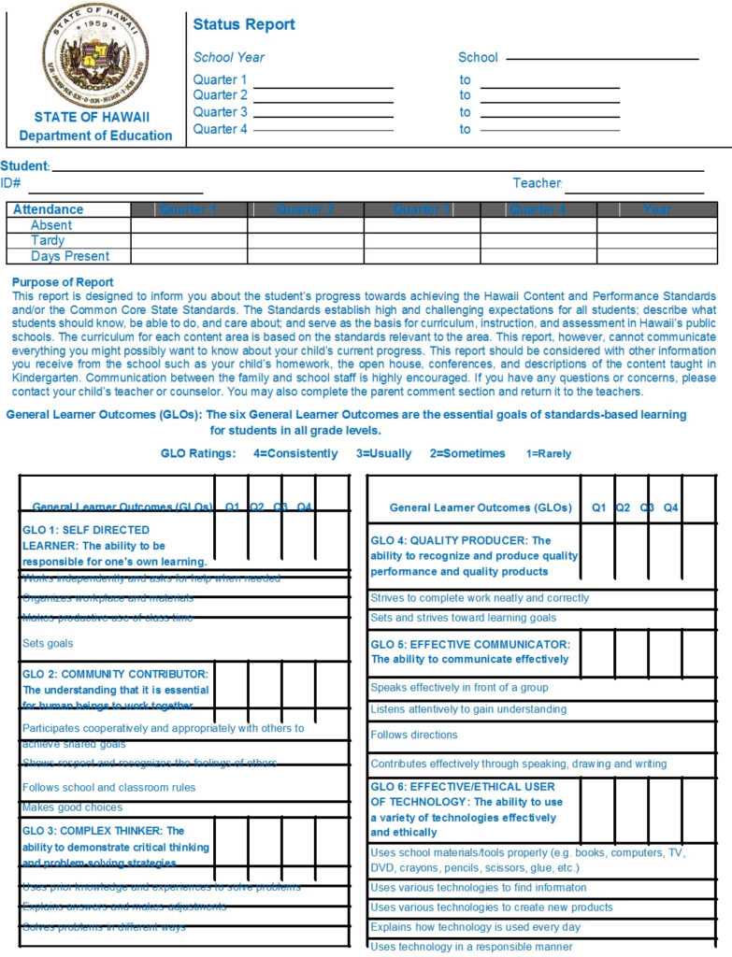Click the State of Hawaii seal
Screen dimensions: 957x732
coord(94,55)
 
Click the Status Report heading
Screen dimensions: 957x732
coord(244,25)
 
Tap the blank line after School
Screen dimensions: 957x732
coord(602,59)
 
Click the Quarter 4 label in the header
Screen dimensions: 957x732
coord(221,129)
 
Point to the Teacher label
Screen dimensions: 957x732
coord(537,183)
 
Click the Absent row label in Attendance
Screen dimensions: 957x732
coord(51,225)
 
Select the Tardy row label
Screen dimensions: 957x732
coord(49,240)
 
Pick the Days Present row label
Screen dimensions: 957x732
coord(70,256)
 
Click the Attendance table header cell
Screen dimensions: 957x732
coord(49,209)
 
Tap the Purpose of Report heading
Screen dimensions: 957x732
coord(64,282)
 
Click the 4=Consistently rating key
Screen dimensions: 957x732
coord(295,453)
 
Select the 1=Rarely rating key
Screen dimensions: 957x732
coord(548,453)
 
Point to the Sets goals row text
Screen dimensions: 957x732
coord(48,643)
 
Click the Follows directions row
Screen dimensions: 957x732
coord(414,735)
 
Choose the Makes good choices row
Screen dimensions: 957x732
coord(72,807)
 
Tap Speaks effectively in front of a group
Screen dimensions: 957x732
coord(459,687)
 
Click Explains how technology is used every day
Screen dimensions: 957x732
coord(475,927)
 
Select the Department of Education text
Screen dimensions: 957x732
coord(95,136)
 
